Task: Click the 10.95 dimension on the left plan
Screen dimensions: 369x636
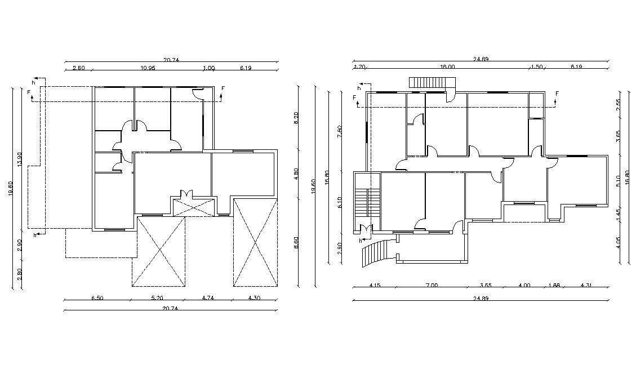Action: tap(148, 68)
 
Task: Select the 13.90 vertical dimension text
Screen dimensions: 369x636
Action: tap(20, 159)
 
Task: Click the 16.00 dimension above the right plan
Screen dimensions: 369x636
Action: tap(447, 66)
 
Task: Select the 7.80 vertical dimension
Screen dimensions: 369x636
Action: tap(339, 131)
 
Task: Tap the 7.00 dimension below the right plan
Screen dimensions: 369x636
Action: tap(432, 286)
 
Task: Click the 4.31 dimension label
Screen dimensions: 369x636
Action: tap(586, 286)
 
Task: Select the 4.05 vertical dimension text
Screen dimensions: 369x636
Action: tap(618, 243)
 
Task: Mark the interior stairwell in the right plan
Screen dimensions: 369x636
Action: tap(366, 202)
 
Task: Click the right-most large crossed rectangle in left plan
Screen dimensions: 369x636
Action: tap(256, 242)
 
